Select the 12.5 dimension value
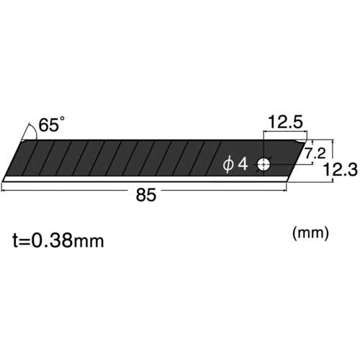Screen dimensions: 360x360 pos(286,123)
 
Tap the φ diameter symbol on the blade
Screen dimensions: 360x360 pos(229,165)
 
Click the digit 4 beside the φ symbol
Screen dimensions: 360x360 pos(243,165)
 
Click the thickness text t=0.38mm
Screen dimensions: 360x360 pos(58,240)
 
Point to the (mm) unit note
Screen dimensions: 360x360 pos(310,233)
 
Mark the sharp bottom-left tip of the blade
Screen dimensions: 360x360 pos(4,179)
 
